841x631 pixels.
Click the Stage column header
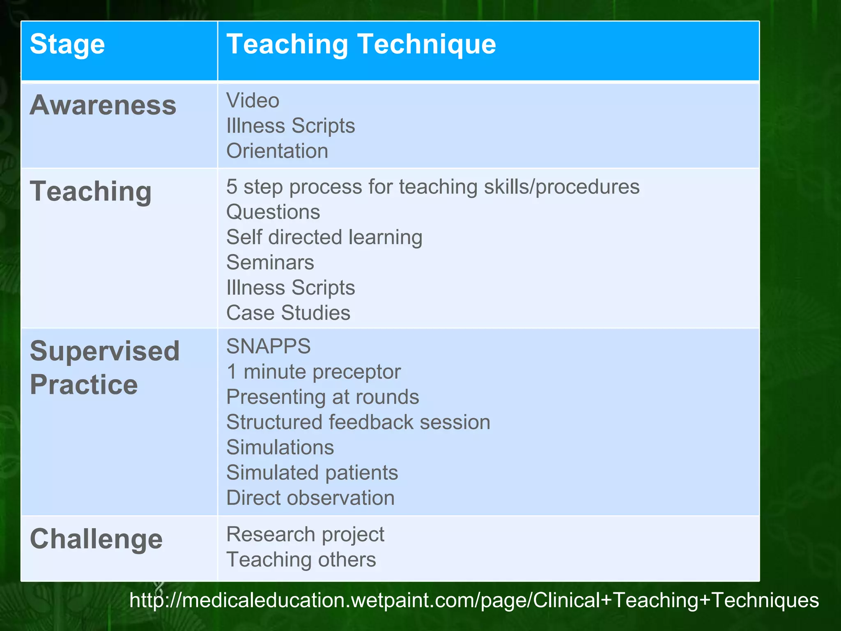point(67,44)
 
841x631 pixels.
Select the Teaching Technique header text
point(361,44)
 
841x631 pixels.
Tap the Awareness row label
point(103,105)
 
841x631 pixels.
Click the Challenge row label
point(96,539)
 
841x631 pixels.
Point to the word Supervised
point(105,352)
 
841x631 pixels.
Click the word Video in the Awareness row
point(253,101)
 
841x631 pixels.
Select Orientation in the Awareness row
point(277,151)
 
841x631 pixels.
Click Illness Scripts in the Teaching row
point(290,288)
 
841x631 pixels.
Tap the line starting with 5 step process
point(432,187)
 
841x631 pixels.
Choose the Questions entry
point(273,212)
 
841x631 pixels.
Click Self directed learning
point(324,237)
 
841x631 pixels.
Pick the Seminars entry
point(270,263)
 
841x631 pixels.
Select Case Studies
point(288,313)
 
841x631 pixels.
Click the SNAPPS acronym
point(269,346)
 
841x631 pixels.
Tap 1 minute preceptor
point(313,372)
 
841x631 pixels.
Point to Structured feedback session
point(358,422)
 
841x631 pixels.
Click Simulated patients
point(312,473)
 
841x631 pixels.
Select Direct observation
point(310,498)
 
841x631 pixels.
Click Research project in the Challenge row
point(305,534)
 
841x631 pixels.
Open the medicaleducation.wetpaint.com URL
point(474,600)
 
